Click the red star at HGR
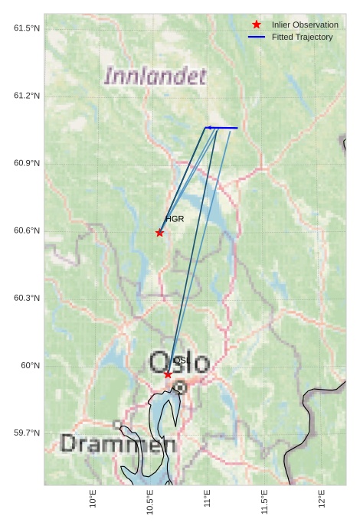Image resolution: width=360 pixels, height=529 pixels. pos(159,233)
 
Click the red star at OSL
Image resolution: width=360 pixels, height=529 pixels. pos(168,374)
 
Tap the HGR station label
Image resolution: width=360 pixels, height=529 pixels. pos(175,219)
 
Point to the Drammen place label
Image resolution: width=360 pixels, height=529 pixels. pos(118,443)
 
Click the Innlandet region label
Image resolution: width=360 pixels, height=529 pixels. pos(155,76)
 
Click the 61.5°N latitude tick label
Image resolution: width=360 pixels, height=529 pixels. pos(27,28)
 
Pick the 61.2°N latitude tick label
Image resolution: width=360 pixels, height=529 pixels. pos(27,96)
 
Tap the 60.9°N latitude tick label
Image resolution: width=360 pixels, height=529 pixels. pos(27,163)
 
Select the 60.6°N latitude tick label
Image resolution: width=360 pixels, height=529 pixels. pos(27,231)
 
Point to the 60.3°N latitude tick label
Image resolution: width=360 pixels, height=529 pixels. pos(27,298)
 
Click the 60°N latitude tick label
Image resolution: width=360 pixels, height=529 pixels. pos(31,365)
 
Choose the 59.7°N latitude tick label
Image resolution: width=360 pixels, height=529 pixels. pos(27,433)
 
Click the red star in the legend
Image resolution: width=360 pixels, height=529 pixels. pos(257,24)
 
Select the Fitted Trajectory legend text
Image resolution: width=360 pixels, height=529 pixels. pos(302,37)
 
